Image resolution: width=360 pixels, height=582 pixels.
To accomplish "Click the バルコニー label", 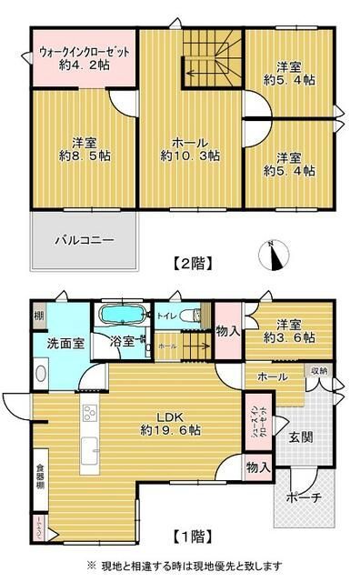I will pyautogui.click(x=83, y=241).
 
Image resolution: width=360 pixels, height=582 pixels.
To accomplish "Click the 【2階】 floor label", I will pyautogui.click(x=192, y=265).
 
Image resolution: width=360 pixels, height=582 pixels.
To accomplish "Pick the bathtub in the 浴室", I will pyautogui.click(x=121, y=316).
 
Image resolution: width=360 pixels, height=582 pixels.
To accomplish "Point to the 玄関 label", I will pyautogui.click(x=301, y=436).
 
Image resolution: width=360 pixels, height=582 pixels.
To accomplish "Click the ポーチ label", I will pyautogui.click(x=303, y=498).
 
